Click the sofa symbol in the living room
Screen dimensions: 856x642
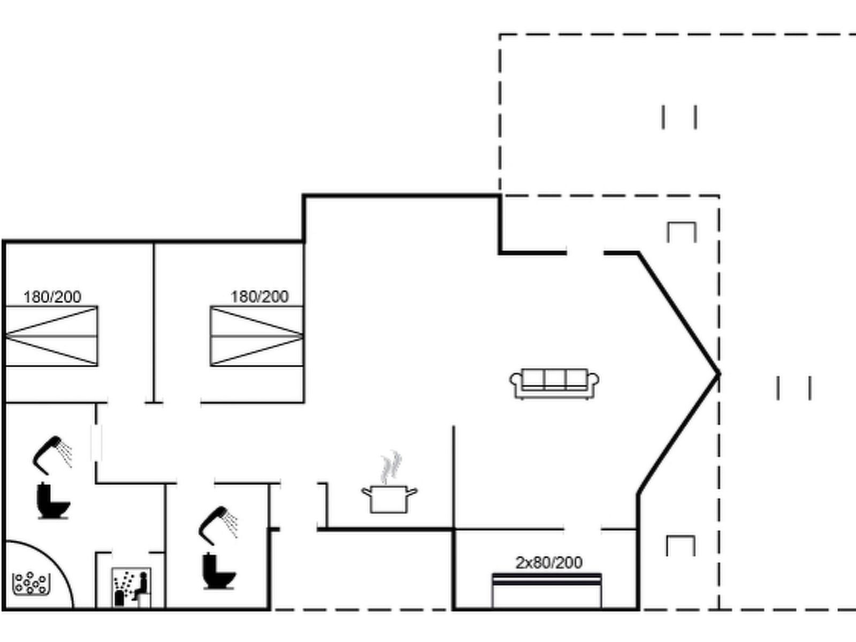(554, 384)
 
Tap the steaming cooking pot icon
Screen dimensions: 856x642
(389, 483)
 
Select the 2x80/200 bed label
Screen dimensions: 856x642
(549, 562)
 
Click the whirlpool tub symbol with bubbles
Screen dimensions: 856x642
(31, 584)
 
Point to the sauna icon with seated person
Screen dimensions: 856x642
(132, 587)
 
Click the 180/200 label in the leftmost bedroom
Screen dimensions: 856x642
(52, 297)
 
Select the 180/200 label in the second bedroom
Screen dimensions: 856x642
(259, 296)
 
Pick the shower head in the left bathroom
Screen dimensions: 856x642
(52, 455)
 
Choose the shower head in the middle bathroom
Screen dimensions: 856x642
(218, 525)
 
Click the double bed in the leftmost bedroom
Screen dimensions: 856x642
(51, 336)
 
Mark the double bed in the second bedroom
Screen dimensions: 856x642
(257, 336)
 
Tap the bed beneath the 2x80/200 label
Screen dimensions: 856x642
(546, 590)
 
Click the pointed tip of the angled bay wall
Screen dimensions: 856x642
(719, 374)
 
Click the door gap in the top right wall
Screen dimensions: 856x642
(585, 254)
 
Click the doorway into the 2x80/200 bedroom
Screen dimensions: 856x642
(582, 529)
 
